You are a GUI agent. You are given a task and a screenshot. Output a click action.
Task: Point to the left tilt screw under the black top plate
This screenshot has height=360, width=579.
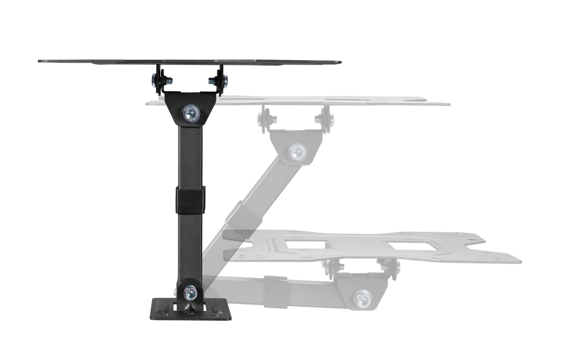156,80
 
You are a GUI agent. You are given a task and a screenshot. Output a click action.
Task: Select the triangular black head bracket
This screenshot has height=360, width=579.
192,106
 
